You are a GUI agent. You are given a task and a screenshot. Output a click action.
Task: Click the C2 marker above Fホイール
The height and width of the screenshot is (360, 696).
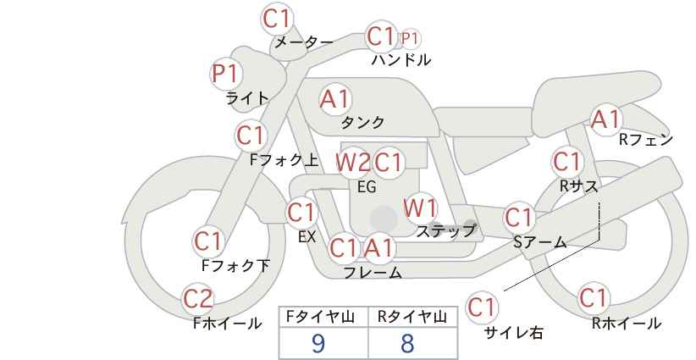[198, 299]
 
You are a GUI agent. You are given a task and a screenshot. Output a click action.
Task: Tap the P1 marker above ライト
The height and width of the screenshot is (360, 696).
[226, 73]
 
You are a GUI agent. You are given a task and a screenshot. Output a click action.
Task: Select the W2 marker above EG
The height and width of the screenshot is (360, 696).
[352, 163]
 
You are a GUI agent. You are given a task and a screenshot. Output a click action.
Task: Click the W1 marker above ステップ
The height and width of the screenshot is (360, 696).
[420, 208]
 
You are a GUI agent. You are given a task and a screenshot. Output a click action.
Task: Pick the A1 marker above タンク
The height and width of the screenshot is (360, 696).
[335, 99]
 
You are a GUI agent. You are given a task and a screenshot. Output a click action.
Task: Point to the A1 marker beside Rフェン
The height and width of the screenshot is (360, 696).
[605, 119]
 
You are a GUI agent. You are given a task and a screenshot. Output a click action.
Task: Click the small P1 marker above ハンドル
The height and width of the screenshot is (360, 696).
[410, 39]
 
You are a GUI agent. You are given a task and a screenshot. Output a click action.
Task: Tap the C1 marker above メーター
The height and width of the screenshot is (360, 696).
[276, 19]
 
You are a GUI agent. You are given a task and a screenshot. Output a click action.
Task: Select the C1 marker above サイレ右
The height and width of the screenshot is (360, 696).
[482, 307]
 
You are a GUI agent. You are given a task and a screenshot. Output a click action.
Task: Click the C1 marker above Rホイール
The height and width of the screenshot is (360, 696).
[593, 298]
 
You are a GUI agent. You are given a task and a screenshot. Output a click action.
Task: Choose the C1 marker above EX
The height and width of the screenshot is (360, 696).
[301, 213]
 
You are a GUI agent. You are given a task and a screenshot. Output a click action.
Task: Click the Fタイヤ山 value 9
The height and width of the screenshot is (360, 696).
[318, 343]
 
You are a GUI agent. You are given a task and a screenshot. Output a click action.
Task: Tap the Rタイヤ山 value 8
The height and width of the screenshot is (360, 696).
[407, 343]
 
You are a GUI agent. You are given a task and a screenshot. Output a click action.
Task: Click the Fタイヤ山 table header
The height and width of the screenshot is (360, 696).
[320, 317]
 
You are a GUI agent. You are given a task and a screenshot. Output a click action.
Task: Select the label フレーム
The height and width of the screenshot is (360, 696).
[373, 273]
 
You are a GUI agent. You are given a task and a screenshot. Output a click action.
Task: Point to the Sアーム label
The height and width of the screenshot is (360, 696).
[540, 242]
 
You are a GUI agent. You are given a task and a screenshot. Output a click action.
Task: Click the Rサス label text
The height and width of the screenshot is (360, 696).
[578, 186]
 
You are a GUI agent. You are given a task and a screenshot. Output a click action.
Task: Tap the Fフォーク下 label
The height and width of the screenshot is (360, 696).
[235, 265]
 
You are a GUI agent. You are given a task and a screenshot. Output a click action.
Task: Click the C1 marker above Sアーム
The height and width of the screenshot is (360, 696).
[519, 217]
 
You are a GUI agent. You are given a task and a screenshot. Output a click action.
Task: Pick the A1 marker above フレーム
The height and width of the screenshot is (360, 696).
[379, 247]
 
